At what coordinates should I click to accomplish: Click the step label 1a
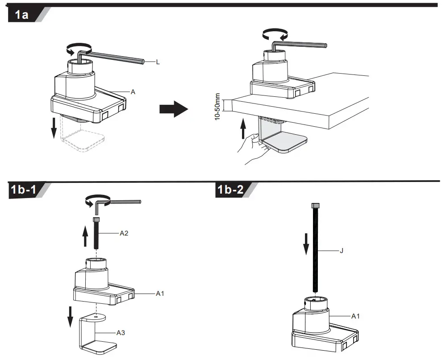pyautogui.click(x=21, y=15)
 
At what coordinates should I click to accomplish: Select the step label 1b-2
pyautogui.click(x=230, y=190)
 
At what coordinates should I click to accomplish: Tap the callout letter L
pyautogui.click(x=158, y=62)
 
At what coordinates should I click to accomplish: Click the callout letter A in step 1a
pyautogui.click(x=133, y=91)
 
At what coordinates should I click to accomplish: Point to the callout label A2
pyautogui.click(x=125, y=233)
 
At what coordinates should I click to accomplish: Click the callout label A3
pyautogui.click(x=121, y=332)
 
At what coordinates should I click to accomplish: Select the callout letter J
pyautogui.click(x=342, y=251)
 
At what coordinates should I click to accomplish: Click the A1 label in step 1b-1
pyautogui.click(x=161, y=294)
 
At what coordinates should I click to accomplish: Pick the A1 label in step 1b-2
pyautogui.click(x=356, y=316)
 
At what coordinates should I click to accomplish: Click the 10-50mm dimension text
pyautogui.click(x=218, y=106)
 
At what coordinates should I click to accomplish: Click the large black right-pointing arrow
pyautogui.click(x=174, y=108)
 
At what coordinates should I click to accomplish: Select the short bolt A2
pyautogui.click(x=96, y=234)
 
